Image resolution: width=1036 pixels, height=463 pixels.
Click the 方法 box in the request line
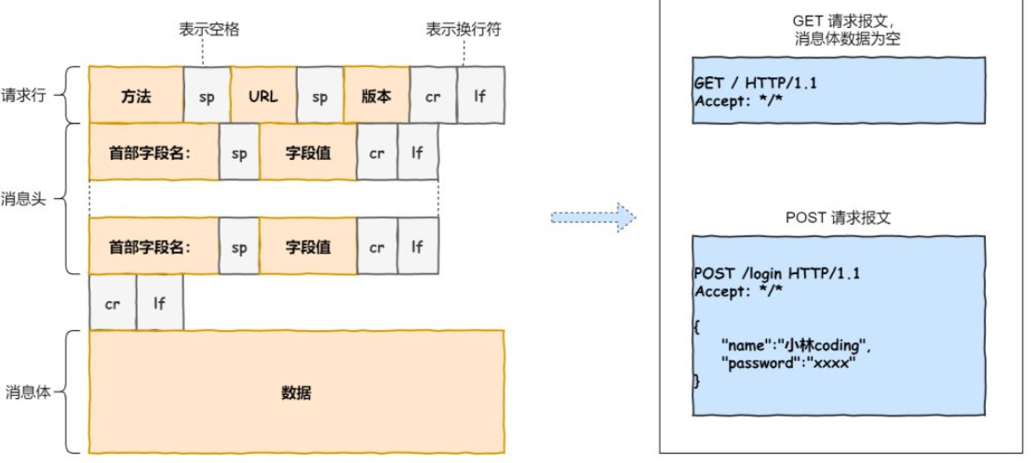[136, 96]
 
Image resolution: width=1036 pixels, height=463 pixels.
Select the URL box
[263, 96]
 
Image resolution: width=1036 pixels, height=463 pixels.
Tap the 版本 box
[376, 96]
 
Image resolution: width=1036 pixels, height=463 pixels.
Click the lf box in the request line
[480, 96]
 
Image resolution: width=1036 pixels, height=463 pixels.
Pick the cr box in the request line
[433, 96]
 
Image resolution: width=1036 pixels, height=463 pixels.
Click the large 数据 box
[296, 392]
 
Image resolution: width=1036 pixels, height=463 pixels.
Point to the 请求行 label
[22, 95]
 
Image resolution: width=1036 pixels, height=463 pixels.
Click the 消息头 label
[22, 198]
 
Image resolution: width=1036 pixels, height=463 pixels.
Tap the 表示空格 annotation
[209, 30]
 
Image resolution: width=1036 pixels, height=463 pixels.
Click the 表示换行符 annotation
[464, 30]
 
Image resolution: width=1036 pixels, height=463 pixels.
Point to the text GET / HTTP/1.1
[756, 83]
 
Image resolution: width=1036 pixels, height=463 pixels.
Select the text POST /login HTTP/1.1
[777, 273]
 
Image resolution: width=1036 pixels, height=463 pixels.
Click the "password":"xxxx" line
[787, 364]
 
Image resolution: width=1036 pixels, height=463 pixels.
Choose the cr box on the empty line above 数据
[113, 302]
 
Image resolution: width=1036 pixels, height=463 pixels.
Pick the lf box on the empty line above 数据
[159, 302]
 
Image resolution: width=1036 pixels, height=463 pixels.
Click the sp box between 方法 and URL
[207, 96]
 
